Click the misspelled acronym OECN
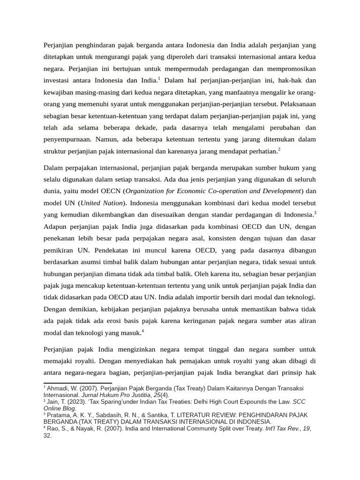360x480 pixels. click(110, 191)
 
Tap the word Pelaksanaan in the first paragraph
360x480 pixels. click(297, 104)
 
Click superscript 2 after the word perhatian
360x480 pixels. click(279, 149)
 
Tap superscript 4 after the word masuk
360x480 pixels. click(142, 331)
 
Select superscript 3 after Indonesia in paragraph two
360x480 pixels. click(315, 213)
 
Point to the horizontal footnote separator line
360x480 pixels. click(78, 383)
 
